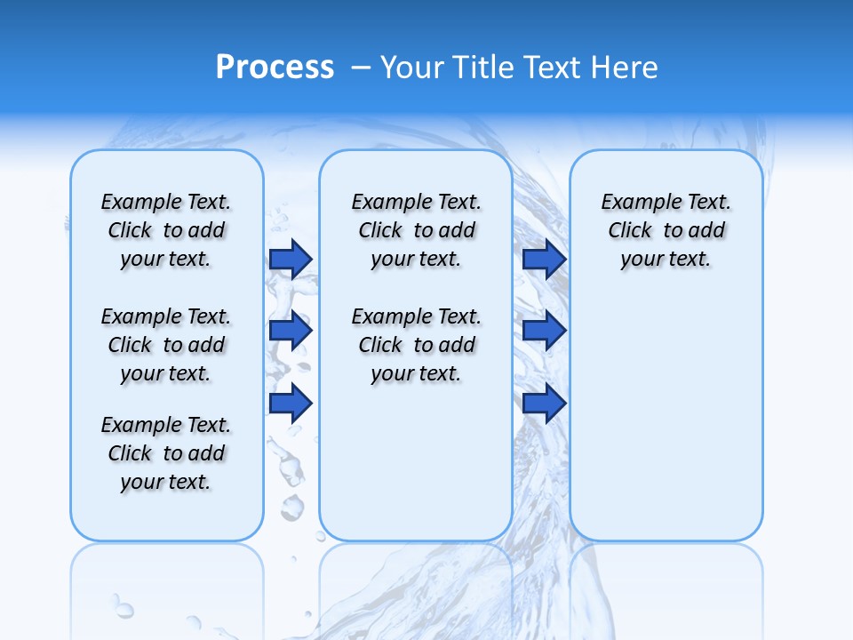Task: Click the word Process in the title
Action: (275, 67)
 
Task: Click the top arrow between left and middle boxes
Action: (291, 259)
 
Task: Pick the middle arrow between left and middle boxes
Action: (291, 331)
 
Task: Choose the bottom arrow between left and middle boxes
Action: (291, 404)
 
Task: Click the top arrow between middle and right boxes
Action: (545, 259)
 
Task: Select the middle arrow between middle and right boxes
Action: (545, 331)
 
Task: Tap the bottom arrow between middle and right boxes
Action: (545, 404)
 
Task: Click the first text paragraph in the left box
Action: (166, 230)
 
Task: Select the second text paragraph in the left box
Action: (166, 345)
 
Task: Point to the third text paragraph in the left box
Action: (166, 453)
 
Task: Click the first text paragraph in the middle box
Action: (416, 230)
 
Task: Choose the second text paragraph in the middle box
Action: (416, 345)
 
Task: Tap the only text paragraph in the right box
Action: (666, 230)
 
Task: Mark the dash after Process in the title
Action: (361, 68)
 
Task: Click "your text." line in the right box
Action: (666, 259)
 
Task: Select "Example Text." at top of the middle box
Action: (416, 202)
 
